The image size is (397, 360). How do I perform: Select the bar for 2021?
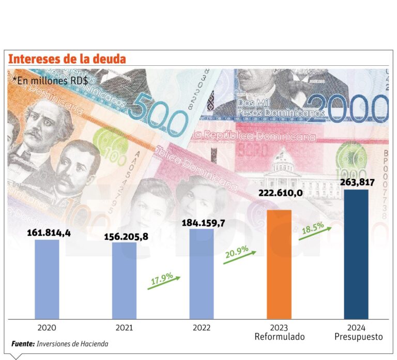click(x=125, y=280)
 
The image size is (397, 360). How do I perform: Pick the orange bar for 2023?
click(x=279, y=264)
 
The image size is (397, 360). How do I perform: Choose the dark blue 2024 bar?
click(x=356, y=254)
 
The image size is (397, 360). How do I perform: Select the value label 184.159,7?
click(x=203, y=223)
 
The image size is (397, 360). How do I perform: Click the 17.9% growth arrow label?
click(x=162, y=278)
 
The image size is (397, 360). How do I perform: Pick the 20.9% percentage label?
click(x=238, y=252)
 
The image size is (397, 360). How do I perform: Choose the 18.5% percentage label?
click(x=313, y=227)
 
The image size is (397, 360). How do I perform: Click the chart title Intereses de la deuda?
click(x=67, y=59)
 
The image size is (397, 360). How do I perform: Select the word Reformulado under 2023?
click(x=279, y=337)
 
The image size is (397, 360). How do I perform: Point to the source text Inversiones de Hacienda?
click(x=73, y=343)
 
